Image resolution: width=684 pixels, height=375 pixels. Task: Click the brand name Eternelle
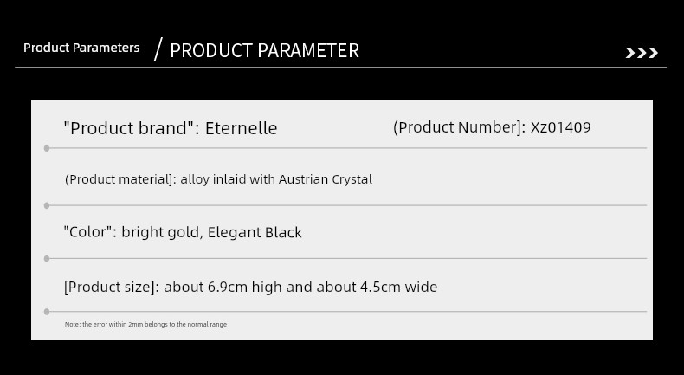pos(241,128)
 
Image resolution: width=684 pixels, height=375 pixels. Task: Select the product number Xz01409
pos(560,127)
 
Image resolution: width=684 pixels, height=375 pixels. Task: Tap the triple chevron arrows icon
pos(642,53)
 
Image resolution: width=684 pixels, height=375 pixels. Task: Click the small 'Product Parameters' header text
pos(81,48)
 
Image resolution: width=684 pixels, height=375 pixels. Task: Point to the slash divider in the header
pos(158,49)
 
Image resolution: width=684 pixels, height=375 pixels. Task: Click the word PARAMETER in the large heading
pos(308,50)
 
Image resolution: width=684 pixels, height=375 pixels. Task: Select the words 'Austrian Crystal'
pos(326,179)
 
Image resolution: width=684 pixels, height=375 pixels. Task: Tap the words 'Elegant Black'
pos(255,232)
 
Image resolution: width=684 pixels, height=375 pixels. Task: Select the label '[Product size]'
pos(112,287)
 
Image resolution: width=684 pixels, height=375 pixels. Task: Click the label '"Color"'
pos(90,232)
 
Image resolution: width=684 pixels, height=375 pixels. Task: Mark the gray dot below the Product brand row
pos(47,148)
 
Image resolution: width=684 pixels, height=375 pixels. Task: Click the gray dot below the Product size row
pos(47,312)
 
